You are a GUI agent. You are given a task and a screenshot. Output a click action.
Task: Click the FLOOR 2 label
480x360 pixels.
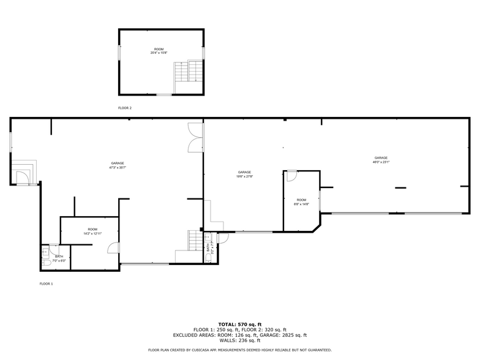pos(125,108)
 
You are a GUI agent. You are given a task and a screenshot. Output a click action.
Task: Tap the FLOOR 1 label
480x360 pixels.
pos(47,283)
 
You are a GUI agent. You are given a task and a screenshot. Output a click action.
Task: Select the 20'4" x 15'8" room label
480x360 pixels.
pos(159,51)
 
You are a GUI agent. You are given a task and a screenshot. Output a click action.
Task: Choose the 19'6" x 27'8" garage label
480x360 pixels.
pos(245,174)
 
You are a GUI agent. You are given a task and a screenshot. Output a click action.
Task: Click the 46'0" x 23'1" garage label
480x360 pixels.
pos(381,160)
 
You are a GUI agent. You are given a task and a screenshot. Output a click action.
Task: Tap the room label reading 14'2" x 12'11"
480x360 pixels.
pos(92,231)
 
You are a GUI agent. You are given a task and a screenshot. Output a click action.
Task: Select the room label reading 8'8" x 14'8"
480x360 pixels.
pos(301,202)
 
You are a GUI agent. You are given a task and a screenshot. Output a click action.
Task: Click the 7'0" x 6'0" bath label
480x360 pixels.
pos(59,258)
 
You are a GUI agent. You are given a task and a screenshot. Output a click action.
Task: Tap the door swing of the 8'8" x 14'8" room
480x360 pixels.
pos(291,176)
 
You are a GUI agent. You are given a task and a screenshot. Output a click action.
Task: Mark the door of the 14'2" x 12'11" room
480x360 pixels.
pos(113,247)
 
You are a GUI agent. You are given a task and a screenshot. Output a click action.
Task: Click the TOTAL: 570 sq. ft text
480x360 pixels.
pos(239,324)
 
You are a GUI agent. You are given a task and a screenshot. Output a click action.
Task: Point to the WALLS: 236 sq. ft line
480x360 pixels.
pos(239,340)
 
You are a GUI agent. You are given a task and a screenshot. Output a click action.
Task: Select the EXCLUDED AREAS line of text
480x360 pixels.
pos(239,335)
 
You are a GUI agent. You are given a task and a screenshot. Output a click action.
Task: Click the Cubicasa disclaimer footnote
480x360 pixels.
pos(239,350)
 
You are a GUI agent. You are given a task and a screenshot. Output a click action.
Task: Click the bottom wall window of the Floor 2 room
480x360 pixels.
pos(163,95)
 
